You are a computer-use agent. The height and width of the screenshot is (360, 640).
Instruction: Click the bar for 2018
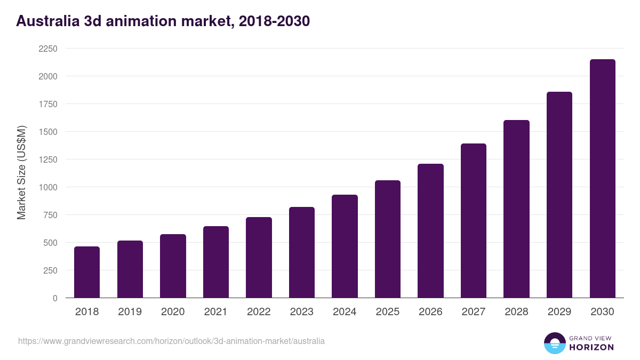click(87, 272)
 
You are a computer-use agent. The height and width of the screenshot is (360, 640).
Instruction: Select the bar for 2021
click(216, 262)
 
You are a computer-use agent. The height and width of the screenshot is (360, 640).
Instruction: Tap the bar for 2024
click(345, 246)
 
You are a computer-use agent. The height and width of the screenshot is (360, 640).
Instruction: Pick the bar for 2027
click(474, 221)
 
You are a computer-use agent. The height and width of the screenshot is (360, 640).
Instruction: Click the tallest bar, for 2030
click(602, 179)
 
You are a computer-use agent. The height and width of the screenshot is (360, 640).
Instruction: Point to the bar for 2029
click(559, 195)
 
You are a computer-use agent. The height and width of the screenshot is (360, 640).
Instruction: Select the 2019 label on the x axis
click(130, 312)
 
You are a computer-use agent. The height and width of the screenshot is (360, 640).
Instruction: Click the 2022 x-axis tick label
click(259, 312)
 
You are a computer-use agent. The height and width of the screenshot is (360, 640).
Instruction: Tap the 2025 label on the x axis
click(387, 312)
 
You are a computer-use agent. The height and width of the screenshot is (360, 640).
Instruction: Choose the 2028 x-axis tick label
click(516, 312)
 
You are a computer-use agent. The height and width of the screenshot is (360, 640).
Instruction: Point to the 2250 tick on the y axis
click(47, 49)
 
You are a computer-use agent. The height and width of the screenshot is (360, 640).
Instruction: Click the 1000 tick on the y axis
click(47, 187)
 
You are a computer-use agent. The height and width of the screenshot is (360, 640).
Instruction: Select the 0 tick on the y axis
click(55, 298)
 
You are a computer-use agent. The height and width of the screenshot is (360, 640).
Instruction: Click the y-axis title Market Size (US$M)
click(21, 172)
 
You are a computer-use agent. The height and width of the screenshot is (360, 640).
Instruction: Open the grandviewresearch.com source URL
click(171, 341)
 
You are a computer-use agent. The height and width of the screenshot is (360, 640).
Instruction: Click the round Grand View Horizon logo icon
click(554, 343)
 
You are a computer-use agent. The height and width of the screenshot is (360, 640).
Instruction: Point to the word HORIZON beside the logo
click(591, 347)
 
